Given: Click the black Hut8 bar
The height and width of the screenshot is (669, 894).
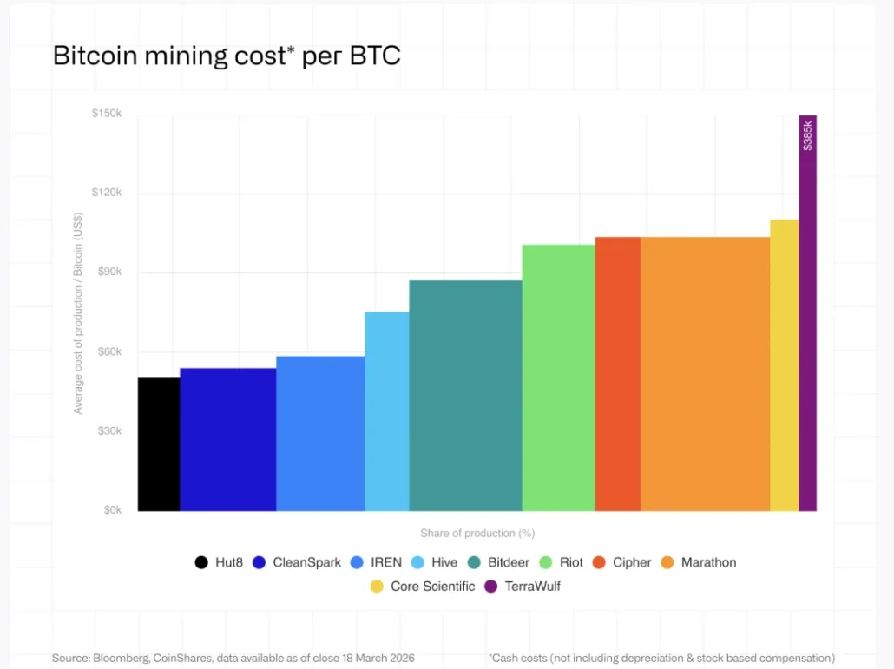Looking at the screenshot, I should pyautogui.click(x=159, y=444).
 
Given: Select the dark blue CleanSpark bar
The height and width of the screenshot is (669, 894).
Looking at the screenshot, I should pyautogui.click(x=228, y=439).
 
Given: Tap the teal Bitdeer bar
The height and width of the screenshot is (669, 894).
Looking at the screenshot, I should pyautogui.click(x=465, y=396).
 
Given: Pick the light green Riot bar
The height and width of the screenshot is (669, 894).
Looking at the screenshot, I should pyautogui.click(x=558, y=377).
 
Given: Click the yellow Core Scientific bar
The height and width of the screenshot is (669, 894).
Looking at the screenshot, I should pyautogui.click(x=784, y=365).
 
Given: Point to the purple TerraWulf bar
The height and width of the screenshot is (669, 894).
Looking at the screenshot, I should pyautogui.click(x=807, y=347).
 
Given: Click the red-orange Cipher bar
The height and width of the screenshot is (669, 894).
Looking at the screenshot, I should pyautogui.click(x=617, y=374).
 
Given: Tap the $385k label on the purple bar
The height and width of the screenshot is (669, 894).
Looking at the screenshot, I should pyautogui.click(x=808, y=135).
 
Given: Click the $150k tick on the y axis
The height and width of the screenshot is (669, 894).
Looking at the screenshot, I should pyautogui.click(x=107, y=115).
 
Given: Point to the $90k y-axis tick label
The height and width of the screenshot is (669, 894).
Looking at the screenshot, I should pyautogui.click(x=107, y=272).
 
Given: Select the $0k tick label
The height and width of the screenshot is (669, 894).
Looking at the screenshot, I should pyautogui.click(x=110, y=510).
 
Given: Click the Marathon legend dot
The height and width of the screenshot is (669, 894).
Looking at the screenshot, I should pyautogui.click(x=667, y=562).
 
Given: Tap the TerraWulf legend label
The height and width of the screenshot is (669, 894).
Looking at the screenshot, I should pyautogui.click(x=532, y=587).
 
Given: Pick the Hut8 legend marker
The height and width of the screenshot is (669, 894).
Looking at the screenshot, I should pyautogui.click(x=201, y=562).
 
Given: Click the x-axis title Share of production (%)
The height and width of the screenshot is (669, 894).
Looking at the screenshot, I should pyautogui.click(x=477, y=533).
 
